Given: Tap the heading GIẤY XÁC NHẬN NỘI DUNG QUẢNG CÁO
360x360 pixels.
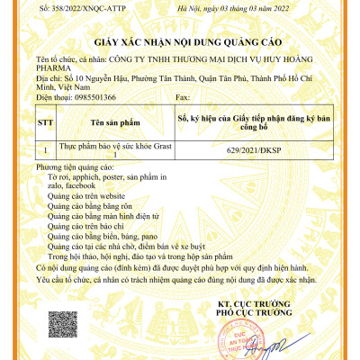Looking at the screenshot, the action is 179,42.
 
